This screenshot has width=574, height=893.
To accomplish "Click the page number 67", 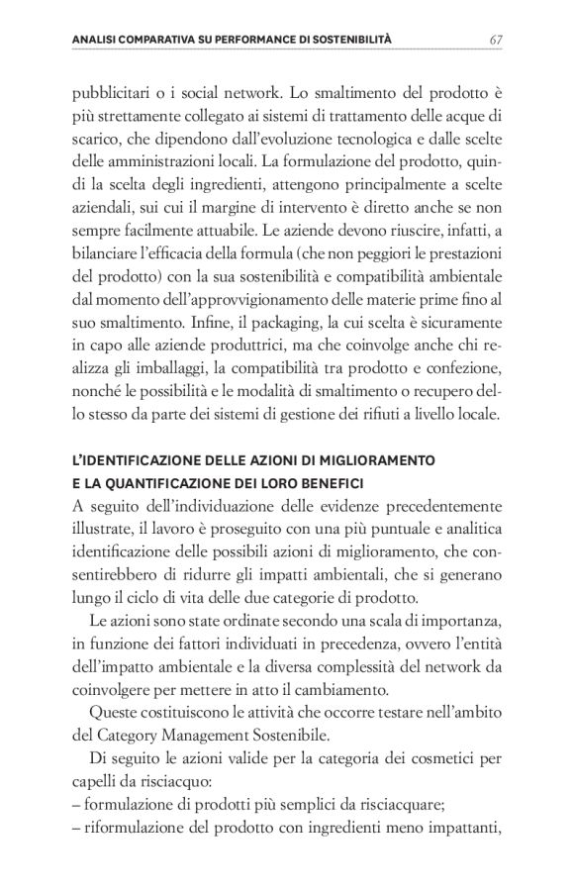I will pyautogui.click(x=498, y=40).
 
